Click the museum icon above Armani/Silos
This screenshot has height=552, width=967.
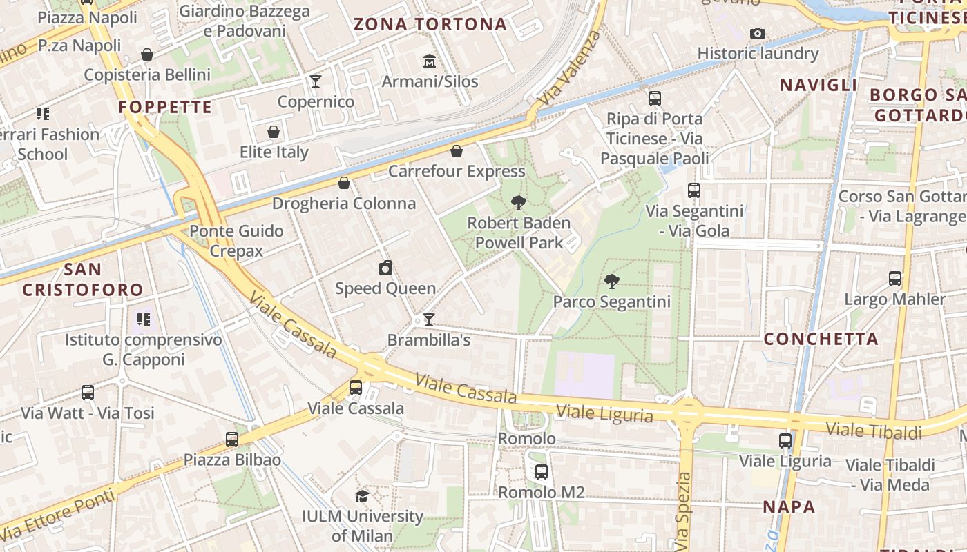point(430,62)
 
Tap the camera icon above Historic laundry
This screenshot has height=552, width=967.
point(758,33)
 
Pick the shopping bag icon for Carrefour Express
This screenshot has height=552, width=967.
point(456,151)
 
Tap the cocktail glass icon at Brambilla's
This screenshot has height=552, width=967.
point(429,319)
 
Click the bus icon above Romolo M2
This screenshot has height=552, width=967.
point(542,472)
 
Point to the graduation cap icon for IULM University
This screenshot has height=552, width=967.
point(362,496)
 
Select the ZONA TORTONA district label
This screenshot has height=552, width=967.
point(430,25)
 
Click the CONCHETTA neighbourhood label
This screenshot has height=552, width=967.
point(821,339)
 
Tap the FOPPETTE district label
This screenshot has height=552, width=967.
point(165,107)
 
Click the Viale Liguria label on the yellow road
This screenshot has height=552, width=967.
point(604,414)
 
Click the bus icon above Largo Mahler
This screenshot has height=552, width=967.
point(895,279)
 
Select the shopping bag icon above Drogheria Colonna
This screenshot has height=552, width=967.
point(344,183)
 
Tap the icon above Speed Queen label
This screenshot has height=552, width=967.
point(385,268)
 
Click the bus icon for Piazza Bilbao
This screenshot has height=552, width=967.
point(232,440)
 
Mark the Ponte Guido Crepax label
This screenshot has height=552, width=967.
point(236,241)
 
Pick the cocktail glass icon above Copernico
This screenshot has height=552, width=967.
point(316,81)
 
